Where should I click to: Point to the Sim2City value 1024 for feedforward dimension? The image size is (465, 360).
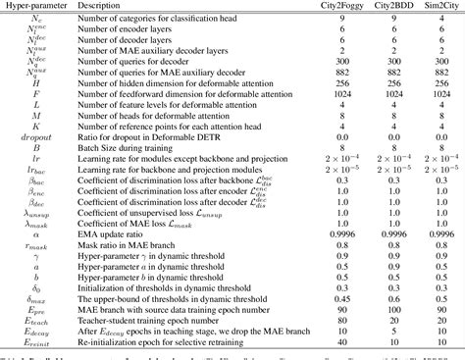tap(433, 110)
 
